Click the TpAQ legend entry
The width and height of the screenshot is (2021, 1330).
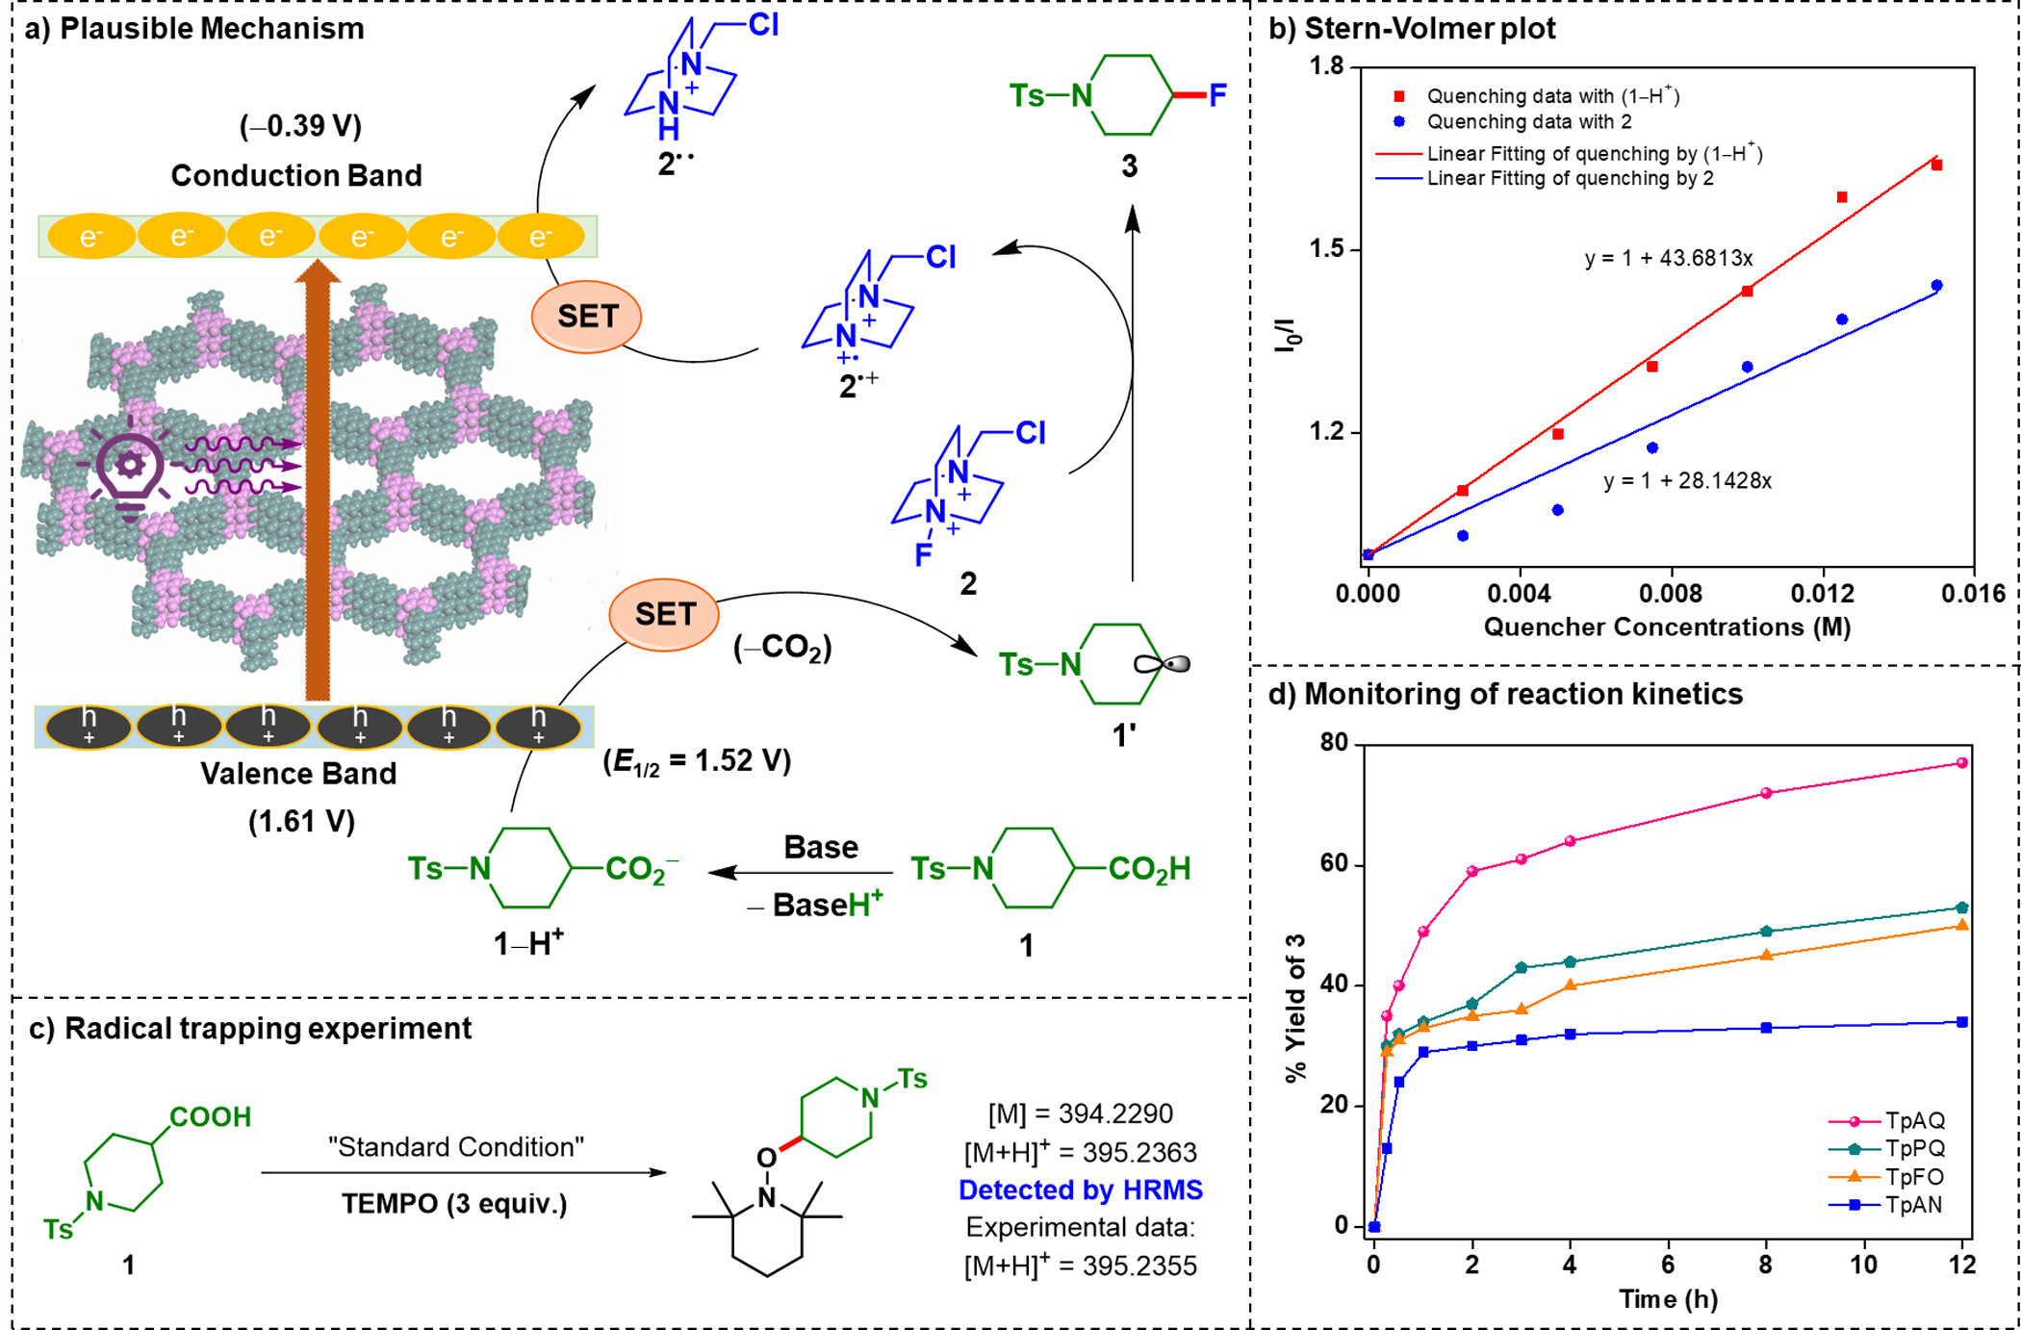[1913, 1120]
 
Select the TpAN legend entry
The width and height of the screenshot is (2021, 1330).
[1913, 1205]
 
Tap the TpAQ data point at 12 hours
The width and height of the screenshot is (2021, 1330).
[1962, 763]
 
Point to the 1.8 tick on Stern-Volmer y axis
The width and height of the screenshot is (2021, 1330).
[1327, 66]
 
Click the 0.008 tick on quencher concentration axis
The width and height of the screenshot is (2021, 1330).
[1671, 593]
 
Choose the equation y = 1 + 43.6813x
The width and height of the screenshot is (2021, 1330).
[1669, 258]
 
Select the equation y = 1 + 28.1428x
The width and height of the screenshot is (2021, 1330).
[1687, 480]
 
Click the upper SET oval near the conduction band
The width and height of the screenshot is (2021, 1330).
[587, 317]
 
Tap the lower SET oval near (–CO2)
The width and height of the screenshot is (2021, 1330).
[664, 614]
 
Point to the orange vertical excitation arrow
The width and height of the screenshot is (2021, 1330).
[318, 481]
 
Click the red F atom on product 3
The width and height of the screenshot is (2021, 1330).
[1217, 95]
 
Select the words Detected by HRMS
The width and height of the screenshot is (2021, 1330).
[1080, 1189]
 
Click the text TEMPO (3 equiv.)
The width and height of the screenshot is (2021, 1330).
[454, 1204]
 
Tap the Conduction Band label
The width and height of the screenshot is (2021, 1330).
[296, 175]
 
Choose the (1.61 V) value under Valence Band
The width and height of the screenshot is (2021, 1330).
[301, 821]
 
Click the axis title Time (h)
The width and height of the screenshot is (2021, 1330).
[1668, 1298]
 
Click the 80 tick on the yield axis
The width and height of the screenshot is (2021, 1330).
[1334, 743]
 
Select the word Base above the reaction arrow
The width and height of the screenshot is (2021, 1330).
[820, 847]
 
